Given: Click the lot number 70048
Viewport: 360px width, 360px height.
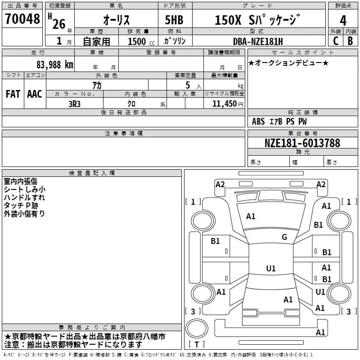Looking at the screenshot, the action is point(22,19).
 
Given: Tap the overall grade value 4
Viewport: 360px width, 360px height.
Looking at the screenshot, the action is point(343,20).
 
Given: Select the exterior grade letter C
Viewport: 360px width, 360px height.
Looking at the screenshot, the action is point(336,41).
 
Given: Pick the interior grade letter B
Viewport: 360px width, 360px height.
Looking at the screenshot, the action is point(350,41).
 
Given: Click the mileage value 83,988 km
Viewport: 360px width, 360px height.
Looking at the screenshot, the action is point(55,65).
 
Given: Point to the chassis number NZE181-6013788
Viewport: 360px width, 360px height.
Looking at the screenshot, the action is point(302,143).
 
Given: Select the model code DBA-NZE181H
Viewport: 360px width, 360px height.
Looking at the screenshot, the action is point(258,41).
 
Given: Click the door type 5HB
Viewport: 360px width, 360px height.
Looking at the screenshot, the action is point(174,20).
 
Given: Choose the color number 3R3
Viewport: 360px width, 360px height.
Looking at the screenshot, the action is point(74,104).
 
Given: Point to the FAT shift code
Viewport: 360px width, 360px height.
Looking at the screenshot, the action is point(13,94).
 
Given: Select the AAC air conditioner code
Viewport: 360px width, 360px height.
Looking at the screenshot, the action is point(35,94).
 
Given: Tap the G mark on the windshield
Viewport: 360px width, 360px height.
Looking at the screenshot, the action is point(284,237).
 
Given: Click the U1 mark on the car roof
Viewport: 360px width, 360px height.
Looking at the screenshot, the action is point(271,268).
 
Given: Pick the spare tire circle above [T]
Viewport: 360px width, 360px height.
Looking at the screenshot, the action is point(197,328).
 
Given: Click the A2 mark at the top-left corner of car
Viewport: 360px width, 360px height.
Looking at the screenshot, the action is point(220,184).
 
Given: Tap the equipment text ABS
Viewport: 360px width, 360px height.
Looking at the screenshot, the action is point(258,121).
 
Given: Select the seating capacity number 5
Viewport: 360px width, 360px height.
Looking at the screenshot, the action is point(188,85).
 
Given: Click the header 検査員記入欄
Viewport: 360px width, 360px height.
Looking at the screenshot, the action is point(92,173).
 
